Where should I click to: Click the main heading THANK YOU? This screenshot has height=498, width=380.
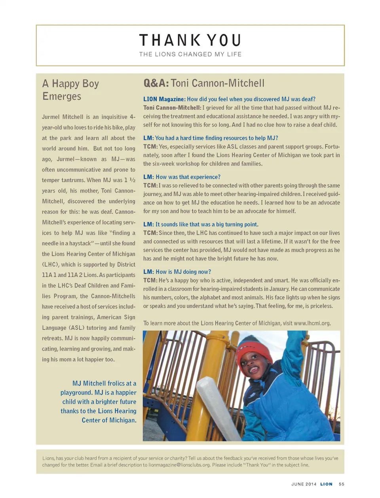pos(190,40)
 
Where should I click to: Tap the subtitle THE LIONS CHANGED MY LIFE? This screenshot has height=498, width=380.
pos(190,54)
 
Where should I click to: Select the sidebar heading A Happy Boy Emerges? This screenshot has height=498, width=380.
pos(70,90)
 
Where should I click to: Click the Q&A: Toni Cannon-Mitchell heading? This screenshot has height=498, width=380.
pos(204,83)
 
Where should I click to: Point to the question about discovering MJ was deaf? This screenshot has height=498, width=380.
pos(229,99)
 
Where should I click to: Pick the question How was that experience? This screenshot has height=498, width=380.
pos(182,177)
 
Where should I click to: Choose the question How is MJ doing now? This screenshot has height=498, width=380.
pos(177,272)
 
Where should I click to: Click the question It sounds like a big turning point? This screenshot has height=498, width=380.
pos(201,224)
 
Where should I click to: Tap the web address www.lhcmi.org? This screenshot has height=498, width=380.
pos(312,323)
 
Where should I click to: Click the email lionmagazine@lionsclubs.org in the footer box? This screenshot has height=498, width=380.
pos(179,465)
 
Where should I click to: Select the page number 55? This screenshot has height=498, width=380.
pos(342,484)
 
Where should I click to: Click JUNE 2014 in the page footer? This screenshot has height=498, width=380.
pos(304,484)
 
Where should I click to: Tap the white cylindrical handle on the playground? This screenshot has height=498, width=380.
pos(218,407)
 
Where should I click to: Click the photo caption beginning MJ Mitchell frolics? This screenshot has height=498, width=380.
pos(99,402)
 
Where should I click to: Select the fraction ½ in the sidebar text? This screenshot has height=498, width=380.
pos(132,180)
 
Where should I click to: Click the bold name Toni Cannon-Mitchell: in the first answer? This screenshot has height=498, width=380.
pos(172,108)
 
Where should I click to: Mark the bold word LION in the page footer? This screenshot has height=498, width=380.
pos(326,484)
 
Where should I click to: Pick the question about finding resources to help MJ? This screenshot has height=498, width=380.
pos(211,138)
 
